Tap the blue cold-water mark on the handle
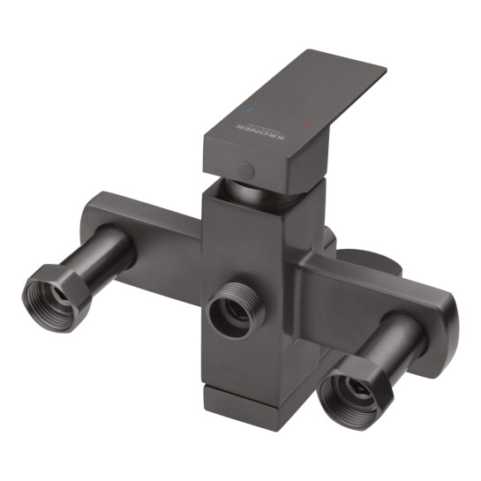tap(251, 114)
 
